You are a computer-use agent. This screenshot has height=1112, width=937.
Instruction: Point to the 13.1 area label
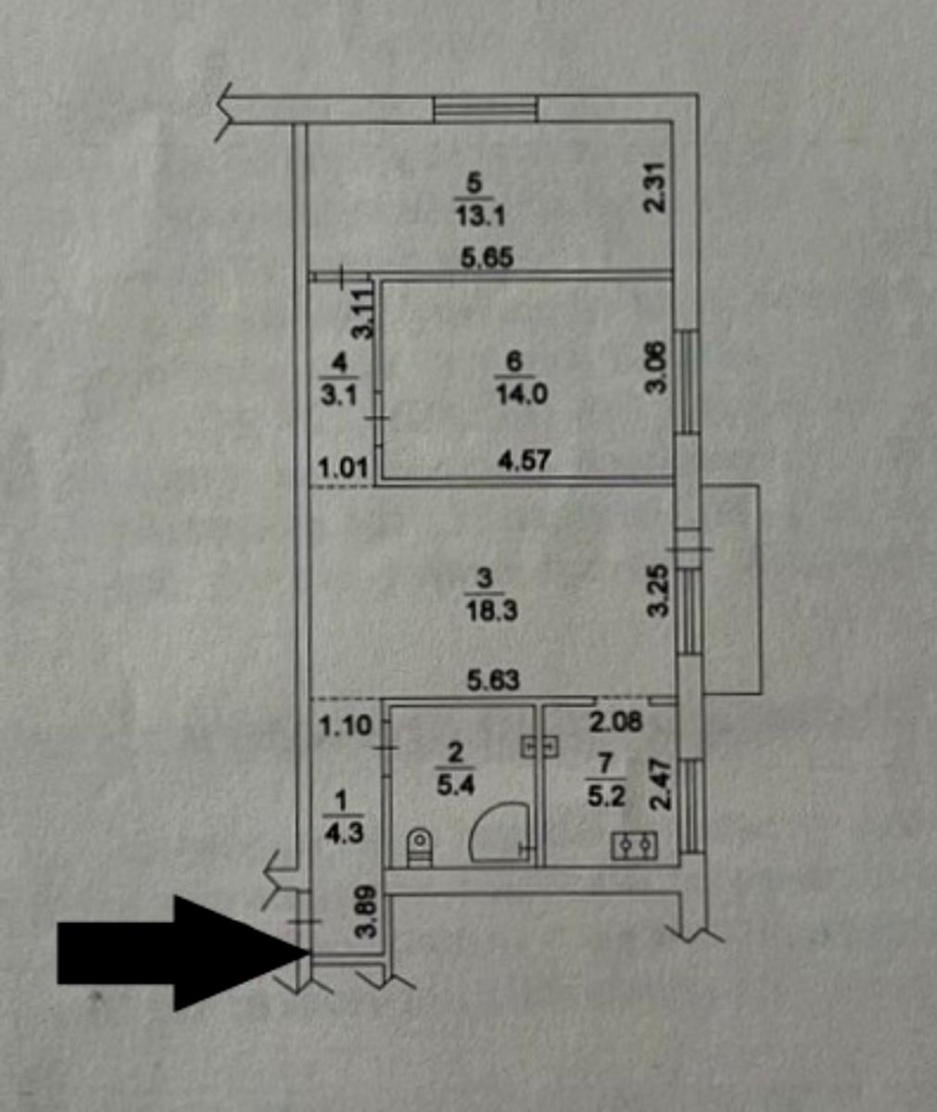pyautogui.click(x=479, y=217)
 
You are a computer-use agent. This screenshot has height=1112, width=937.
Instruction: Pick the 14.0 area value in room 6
pyautogui.click(x=522, y=395)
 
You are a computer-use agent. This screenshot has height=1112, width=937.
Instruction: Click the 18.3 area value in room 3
pyautogui.click(x=491, y=612)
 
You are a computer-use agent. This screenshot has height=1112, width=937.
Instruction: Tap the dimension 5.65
pyautogui.click(x=487, y=258)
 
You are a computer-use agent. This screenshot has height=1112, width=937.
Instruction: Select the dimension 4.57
pyautogui.click(x=523, y=461)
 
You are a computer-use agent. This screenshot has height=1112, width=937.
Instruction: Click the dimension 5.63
pyautogui.click(x=493, y=680)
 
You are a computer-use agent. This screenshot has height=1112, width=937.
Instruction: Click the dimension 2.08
pyautogui.click(x=615, y=723)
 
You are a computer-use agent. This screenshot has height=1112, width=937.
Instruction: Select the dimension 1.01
pyautogui.click(x=343, y=469)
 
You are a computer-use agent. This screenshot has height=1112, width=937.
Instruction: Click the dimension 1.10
pyautogui.click(x=345, y=726)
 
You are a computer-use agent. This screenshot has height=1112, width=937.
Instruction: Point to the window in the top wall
pyautogui.click(x=486, y=109)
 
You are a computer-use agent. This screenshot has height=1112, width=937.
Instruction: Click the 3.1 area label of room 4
pyautogui.click(x=339, y=397)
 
